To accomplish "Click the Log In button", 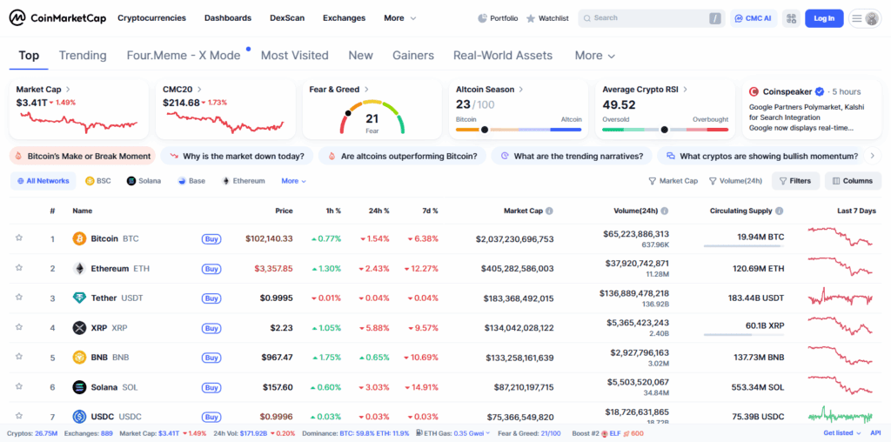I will point(823,17).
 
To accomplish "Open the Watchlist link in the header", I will point(547,18).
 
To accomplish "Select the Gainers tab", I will point(413,56).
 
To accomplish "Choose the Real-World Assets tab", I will point(503,56).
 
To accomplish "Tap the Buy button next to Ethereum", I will point(211,269).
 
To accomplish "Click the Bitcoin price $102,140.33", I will point(269,238).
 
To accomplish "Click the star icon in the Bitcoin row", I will point(18,238).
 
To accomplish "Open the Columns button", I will point(852,181).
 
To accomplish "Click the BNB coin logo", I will point(79,358).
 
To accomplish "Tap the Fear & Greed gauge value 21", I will point(372,118).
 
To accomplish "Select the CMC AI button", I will point(754,18).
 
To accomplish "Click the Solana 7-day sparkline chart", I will point(840,386).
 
